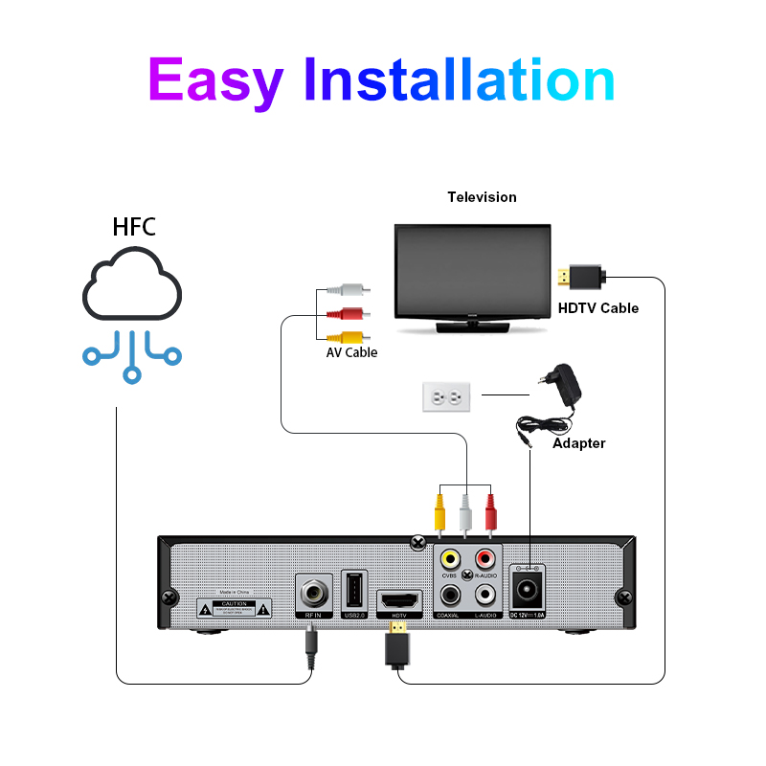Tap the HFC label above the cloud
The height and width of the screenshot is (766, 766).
[x=134, y=228]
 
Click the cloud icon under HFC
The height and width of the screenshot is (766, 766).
[x=132, y=285]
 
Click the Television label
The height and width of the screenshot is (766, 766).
[x=482, y=197]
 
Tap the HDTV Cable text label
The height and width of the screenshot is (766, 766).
[x=598, y=308]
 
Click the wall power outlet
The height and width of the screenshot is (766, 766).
[x=446, y=396]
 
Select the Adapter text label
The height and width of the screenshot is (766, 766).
[x=579, y=443]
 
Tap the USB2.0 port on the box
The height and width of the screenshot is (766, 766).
[x=354, y=588]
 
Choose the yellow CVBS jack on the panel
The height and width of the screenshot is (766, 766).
[x=448, y=557]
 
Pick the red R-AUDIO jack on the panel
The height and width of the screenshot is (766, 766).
[x=485, y=557]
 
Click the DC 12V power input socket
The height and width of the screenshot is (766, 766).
[x=528, y=583]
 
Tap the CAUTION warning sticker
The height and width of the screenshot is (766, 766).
[x=235, y=608]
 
